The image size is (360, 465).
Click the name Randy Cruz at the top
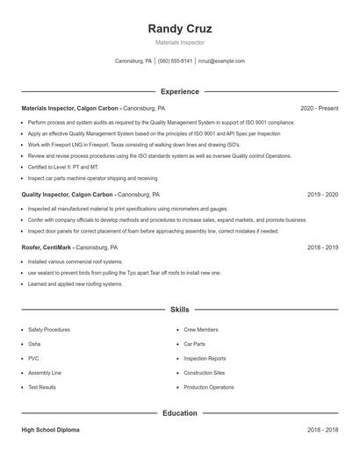pyautogui.click(x=180, y=29)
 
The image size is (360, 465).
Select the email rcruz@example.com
pyautogui.click(x=221, y=61)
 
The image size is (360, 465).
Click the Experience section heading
pyautogui.click(x=180, y=91)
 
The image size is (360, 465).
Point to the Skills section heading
pyautogui.click(x=180, y=310)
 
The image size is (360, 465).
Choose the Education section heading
pyautogui.click(x=180, y=412)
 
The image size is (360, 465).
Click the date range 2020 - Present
pyautogui.click(x=319, y=108)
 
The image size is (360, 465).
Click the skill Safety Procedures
pyautogui.click(x=49, y=329)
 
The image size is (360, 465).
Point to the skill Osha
pyautogui.click(x=34, y=344)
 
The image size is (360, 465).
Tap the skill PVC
pyautogui.click(x=33, y=358)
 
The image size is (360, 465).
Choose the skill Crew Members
pyautogui.click(x=201, y=329)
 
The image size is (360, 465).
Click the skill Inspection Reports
pyautogui.click(x=205, y=358)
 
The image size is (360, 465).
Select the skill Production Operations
pyautogui.click(x=209, y=387)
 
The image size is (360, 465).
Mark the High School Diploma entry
pyautogui.click(x=50, y=430)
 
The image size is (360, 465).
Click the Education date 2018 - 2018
pyautogui.click(x=322, y=430)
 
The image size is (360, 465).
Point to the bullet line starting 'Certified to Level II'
pyautogui.click(x=63, y=167)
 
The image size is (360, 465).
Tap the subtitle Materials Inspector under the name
pyautogui.click(x=180, y=42)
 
